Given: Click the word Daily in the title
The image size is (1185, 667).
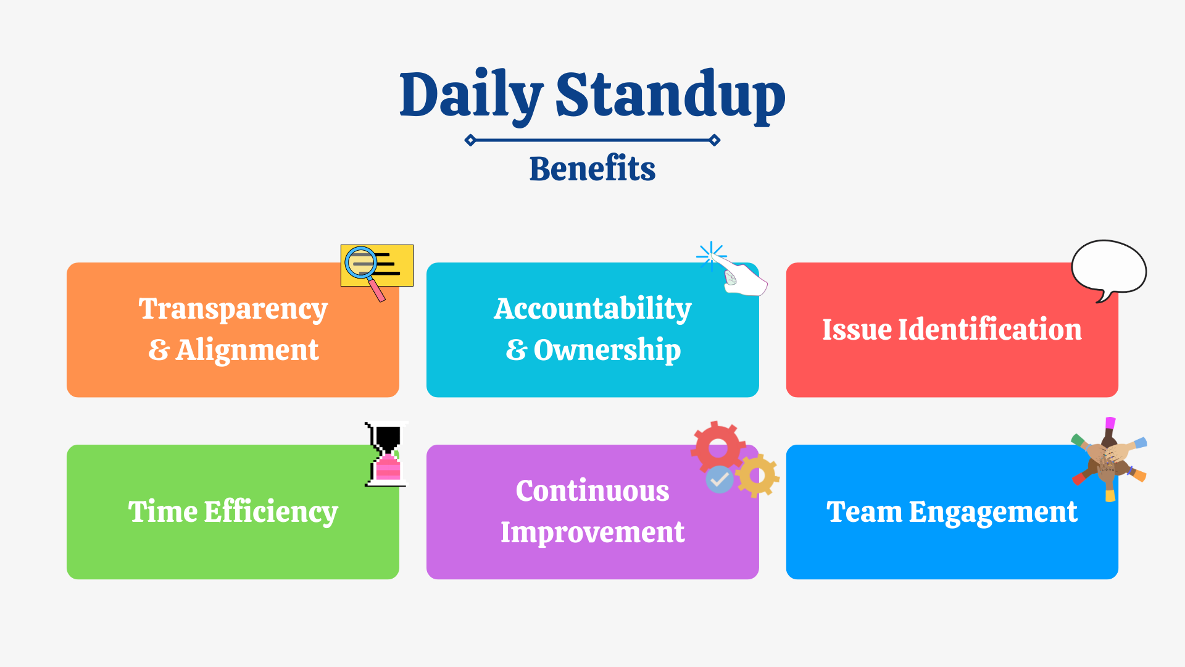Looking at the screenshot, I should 470,95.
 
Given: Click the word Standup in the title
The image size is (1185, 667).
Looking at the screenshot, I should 670,95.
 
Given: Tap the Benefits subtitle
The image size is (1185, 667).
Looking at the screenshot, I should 592,169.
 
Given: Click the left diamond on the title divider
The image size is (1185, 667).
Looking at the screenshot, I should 470,140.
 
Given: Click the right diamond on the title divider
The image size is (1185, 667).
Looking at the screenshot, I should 715,140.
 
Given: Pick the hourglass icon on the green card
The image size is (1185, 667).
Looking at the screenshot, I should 387,454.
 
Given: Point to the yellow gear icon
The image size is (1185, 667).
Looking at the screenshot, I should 758,475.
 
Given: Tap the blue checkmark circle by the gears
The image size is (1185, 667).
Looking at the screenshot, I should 719,479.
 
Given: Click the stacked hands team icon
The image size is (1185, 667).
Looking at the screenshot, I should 1109,459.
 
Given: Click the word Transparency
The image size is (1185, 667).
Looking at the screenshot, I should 233,309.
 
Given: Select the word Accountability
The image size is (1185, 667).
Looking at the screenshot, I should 592,309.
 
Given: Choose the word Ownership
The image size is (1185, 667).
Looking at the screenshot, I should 607,350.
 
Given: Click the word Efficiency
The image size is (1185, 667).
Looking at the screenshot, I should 271,512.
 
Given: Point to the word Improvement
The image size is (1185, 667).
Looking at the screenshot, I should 592,532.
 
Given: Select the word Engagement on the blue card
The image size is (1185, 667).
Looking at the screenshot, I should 993,512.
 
